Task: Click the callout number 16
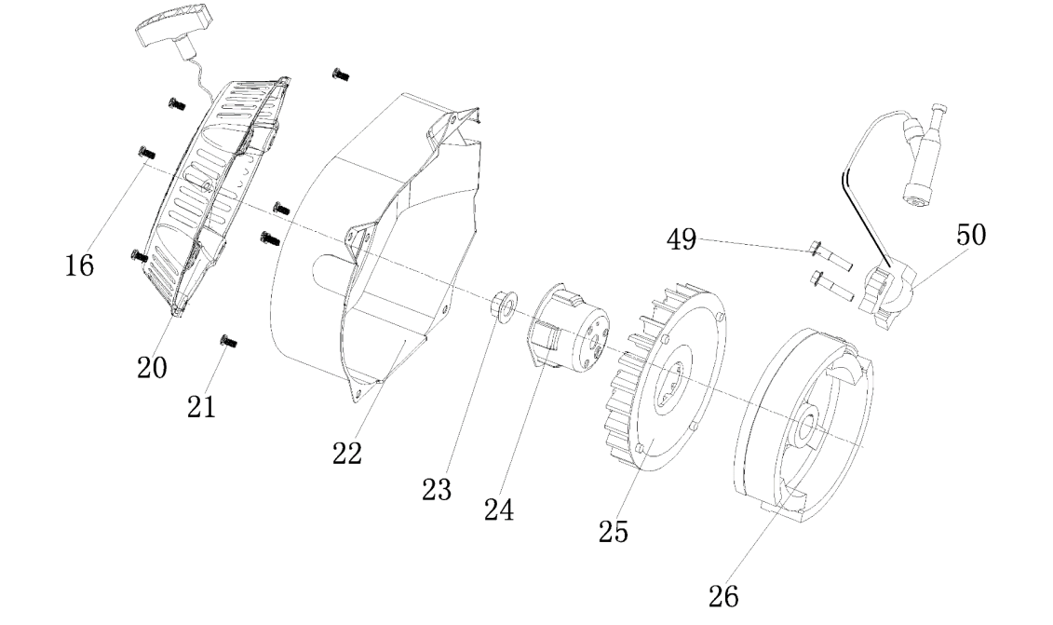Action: point(79,265)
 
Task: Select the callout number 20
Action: point(153,367)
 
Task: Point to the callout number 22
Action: point(347,453)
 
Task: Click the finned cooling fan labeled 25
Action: point(670,373)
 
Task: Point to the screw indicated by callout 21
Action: point(226,342)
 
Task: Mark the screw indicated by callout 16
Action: point(144,151)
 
